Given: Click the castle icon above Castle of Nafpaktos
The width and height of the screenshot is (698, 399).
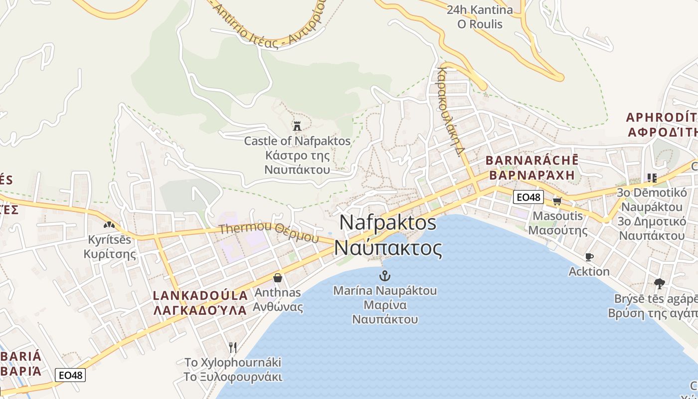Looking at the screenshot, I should [297, 126].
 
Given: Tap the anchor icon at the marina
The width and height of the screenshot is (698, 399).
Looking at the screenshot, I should [384, 275].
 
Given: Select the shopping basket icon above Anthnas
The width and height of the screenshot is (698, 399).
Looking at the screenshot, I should [278, 277].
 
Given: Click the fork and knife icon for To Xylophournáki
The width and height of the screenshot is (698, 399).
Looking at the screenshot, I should [232, 347].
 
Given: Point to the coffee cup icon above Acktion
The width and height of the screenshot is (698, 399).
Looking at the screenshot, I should [589, 257].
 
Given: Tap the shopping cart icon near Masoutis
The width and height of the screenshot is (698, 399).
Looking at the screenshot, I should [557, 201].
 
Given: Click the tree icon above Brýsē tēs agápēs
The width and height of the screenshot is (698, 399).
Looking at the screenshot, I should [659, 284].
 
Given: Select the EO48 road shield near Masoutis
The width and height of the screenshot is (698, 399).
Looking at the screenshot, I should [528, 197].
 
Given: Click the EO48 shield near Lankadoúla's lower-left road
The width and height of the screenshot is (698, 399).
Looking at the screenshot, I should [70, 375].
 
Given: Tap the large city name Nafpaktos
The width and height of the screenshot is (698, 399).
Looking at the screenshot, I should [388, 222].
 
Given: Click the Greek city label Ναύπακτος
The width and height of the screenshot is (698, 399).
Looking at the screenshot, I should [388, 248].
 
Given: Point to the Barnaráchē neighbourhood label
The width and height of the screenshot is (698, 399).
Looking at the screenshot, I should [531, 161].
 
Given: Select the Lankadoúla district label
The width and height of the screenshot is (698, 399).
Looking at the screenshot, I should [200, 295].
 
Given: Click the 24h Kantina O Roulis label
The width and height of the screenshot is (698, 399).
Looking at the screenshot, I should [480, 17].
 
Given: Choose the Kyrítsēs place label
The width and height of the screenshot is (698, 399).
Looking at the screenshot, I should [110, 240].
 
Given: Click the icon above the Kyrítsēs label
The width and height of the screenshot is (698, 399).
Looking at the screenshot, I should [109, 224].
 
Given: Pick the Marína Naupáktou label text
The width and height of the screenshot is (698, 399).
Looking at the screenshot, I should [385, 290].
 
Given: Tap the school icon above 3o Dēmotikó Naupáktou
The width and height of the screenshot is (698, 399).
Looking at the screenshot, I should [652, 178].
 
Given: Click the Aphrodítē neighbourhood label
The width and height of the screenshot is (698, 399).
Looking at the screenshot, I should [661, 118].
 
